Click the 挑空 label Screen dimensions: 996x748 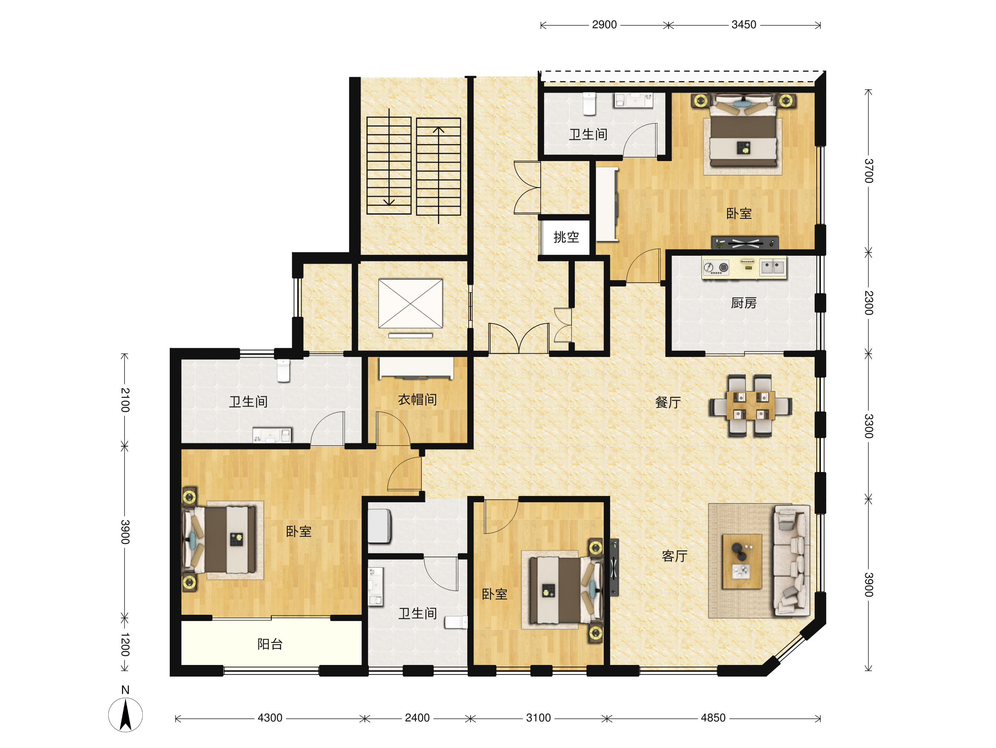[566, 237]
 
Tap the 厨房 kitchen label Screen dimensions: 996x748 [743, 303]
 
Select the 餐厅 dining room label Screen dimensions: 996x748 [668, 402]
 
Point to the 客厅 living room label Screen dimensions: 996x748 [674, 556]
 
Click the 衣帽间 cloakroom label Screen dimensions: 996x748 [417, 399]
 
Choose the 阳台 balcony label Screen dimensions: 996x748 [270, 644]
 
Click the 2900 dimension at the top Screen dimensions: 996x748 [604, 25]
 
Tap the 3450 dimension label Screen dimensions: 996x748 [744, 25]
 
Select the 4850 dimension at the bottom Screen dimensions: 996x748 [713, 718]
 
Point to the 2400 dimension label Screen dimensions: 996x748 [417, 718]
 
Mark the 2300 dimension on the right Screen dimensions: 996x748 [869, 303]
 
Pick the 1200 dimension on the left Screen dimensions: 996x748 [125, 644]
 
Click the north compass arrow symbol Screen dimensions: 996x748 [125, 714]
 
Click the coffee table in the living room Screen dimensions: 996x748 [742, 561]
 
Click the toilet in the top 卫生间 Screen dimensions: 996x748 [589, 104]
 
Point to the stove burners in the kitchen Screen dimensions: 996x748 [715, 267]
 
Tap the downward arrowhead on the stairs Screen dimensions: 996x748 [389, 202]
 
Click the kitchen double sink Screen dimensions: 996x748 [773, 267]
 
